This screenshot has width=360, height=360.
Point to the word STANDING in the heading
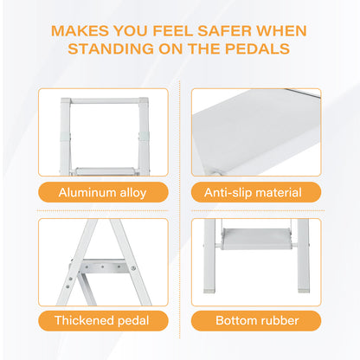click(109, 48)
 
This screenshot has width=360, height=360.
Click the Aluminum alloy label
click(102, 192)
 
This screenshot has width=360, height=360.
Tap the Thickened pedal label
click(102, 320)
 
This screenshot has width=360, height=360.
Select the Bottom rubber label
click(257, 320)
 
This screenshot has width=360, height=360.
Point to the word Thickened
click(85, 320)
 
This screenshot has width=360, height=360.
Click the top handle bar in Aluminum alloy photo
click(102, 101)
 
